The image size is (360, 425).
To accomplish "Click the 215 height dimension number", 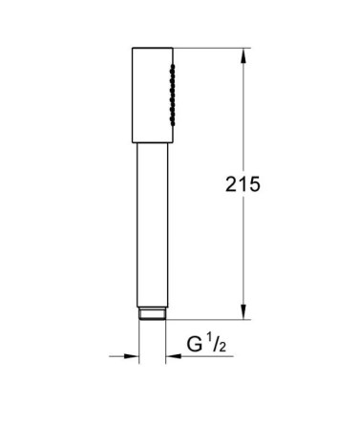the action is (243, 184).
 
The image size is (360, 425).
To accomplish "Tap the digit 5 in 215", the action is (254, 184).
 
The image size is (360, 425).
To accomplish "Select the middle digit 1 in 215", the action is (243, 184).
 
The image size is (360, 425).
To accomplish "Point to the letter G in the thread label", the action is (194, 344).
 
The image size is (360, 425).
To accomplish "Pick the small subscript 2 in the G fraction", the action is (222, 347).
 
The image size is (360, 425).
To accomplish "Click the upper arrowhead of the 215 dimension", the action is (244, 55).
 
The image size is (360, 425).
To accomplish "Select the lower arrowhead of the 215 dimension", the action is (244, 311).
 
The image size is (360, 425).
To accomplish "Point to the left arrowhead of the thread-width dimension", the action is (132, 356).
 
